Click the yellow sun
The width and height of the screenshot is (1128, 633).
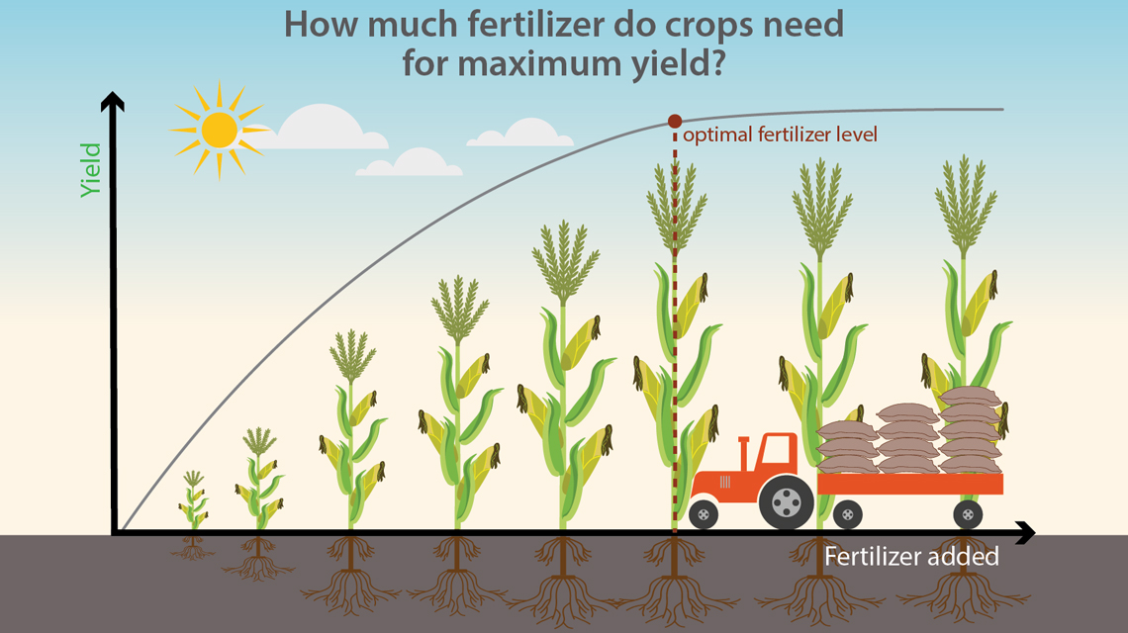219,130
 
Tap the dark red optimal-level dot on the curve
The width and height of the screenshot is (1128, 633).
675,122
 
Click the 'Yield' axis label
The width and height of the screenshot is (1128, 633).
91,169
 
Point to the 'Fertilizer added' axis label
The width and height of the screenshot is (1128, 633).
911,557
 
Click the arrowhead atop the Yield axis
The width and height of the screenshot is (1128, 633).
113,100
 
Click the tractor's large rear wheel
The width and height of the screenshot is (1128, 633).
785,502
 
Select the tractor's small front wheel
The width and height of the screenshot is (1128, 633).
704,514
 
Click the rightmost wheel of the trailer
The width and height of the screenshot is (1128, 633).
967,514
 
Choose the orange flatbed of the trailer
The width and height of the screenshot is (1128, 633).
910,484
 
